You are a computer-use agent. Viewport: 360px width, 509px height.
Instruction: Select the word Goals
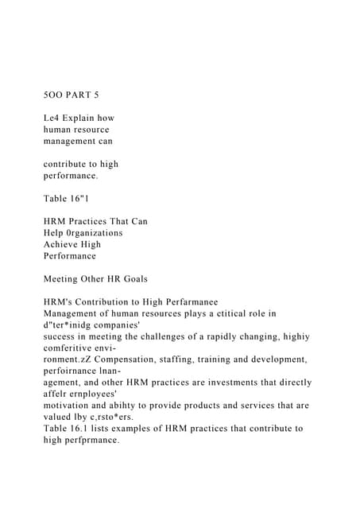click(155, 279)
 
